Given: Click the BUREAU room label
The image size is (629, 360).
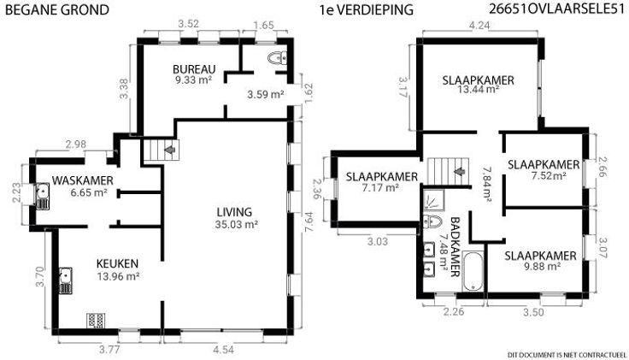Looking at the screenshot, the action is click(x=194, y=69).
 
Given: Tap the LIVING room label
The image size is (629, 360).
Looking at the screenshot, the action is click(x=234, y=212).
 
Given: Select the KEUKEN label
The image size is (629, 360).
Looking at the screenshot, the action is click(x=118, y=263).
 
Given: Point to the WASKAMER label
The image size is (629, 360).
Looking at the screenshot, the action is click(x=83, y=180).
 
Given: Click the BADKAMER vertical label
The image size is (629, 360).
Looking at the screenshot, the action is click(x=455, y=247).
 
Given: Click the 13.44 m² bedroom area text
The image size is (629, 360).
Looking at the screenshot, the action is click(x=479, y=89).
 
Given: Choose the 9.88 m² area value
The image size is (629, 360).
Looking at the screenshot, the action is click(x=540, y=267).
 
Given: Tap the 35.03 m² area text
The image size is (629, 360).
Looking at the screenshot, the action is click(x=236, y=224).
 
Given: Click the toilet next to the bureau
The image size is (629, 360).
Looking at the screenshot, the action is click(x=277, y=59).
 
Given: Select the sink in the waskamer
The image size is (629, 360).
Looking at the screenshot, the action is click(x=42, y=197).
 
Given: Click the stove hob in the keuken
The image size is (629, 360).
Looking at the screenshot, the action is click(x=97, y=321).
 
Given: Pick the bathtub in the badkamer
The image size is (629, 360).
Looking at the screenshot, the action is click(x=473, y=271).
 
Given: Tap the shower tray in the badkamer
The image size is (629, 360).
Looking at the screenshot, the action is click(x=432, y=201).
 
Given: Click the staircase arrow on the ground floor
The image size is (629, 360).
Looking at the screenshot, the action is click(x=170, y=150).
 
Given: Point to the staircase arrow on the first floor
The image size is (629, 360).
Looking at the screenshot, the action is click(x=459, y=171).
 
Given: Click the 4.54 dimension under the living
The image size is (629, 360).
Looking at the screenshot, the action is click(x=223, y=350).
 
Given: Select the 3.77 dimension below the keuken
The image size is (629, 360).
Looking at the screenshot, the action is click(x=109, y=350).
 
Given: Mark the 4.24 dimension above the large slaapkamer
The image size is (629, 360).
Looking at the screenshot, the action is click(x=479, y=26).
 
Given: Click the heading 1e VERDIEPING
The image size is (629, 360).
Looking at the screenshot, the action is click(x=367, y=10).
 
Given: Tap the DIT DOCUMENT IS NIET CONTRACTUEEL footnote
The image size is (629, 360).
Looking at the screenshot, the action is click(x=567, y=355).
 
